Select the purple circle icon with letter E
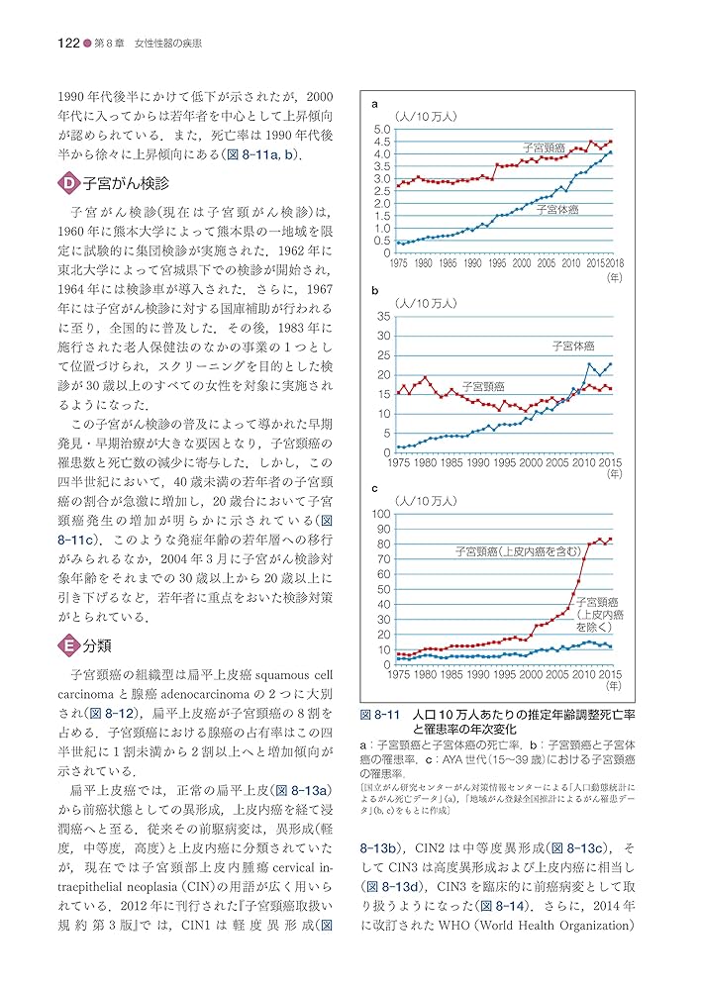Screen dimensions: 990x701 (x=69, y=645)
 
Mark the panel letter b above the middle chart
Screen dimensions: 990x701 (x=375, y=292)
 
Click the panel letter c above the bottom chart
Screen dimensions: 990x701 (x=375, y=488)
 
